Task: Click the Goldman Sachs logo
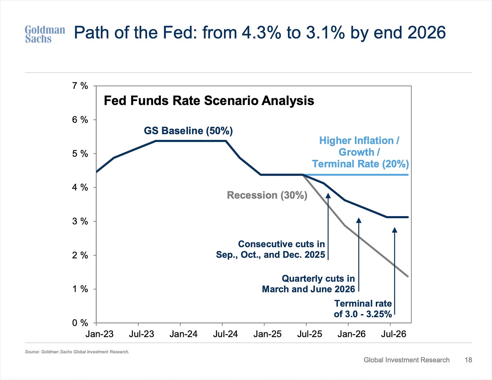(x=45, y=34)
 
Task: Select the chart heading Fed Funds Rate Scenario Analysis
(x=209, y=101)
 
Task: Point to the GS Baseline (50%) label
(x=188, y=131)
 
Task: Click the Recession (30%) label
(x=267, y=195)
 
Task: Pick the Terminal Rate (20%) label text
(x=360, y=164)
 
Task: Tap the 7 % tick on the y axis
(x=80, y=86)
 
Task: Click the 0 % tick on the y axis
(x=80, y=323)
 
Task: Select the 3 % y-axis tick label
(x=80, y=221)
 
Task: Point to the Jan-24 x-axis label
(x=183, y=334)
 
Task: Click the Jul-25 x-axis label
(x=310, y=334)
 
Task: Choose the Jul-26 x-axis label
(x=394, y=334)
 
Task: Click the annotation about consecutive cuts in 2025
(x=271, y=249)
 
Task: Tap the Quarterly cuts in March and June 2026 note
(x=309, y=284)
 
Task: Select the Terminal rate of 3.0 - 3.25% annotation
(x=363, y=309)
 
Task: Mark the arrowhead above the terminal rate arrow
(x=394, y=230)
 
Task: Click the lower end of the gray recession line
(x=408, y=276)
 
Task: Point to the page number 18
(x=468, y=360)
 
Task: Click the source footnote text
(x=77, y=352)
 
